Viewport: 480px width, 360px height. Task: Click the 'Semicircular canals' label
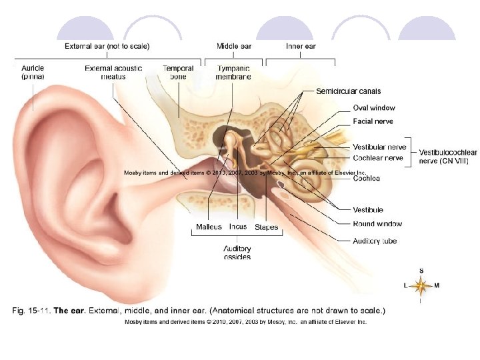[x=348, y=91]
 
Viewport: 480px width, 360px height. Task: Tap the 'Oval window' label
[x=373, y=107]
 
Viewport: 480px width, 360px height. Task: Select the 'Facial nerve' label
[x=373, y=121]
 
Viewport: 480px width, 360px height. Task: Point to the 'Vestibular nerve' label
[x=379, y=147]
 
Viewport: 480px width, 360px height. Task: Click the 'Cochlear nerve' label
[x=378, y=158]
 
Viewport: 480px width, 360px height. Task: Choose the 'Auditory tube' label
[x=375, y=241]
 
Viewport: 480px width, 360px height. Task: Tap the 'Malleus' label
[x=209, y=227]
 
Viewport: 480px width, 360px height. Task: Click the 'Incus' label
[x=238, y=227]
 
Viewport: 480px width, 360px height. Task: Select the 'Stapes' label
[x=266, y=227]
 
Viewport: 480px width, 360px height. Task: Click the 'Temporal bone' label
[x=178, y=72]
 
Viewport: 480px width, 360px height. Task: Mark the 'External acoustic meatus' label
[x=114, y=72]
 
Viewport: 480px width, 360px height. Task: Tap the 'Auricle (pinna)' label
[x=33, y=72]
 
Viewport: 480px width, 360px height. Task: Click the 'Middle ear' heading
[x=233, y=46]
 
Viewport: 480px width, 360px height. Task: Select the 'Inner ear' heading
[x=300, y=46]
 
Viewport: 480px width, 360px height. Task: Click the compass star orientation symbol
[x=420, y=286]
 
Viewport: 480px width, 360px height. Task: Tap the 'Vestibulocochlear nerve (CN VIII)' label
[x=448, y=157]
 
